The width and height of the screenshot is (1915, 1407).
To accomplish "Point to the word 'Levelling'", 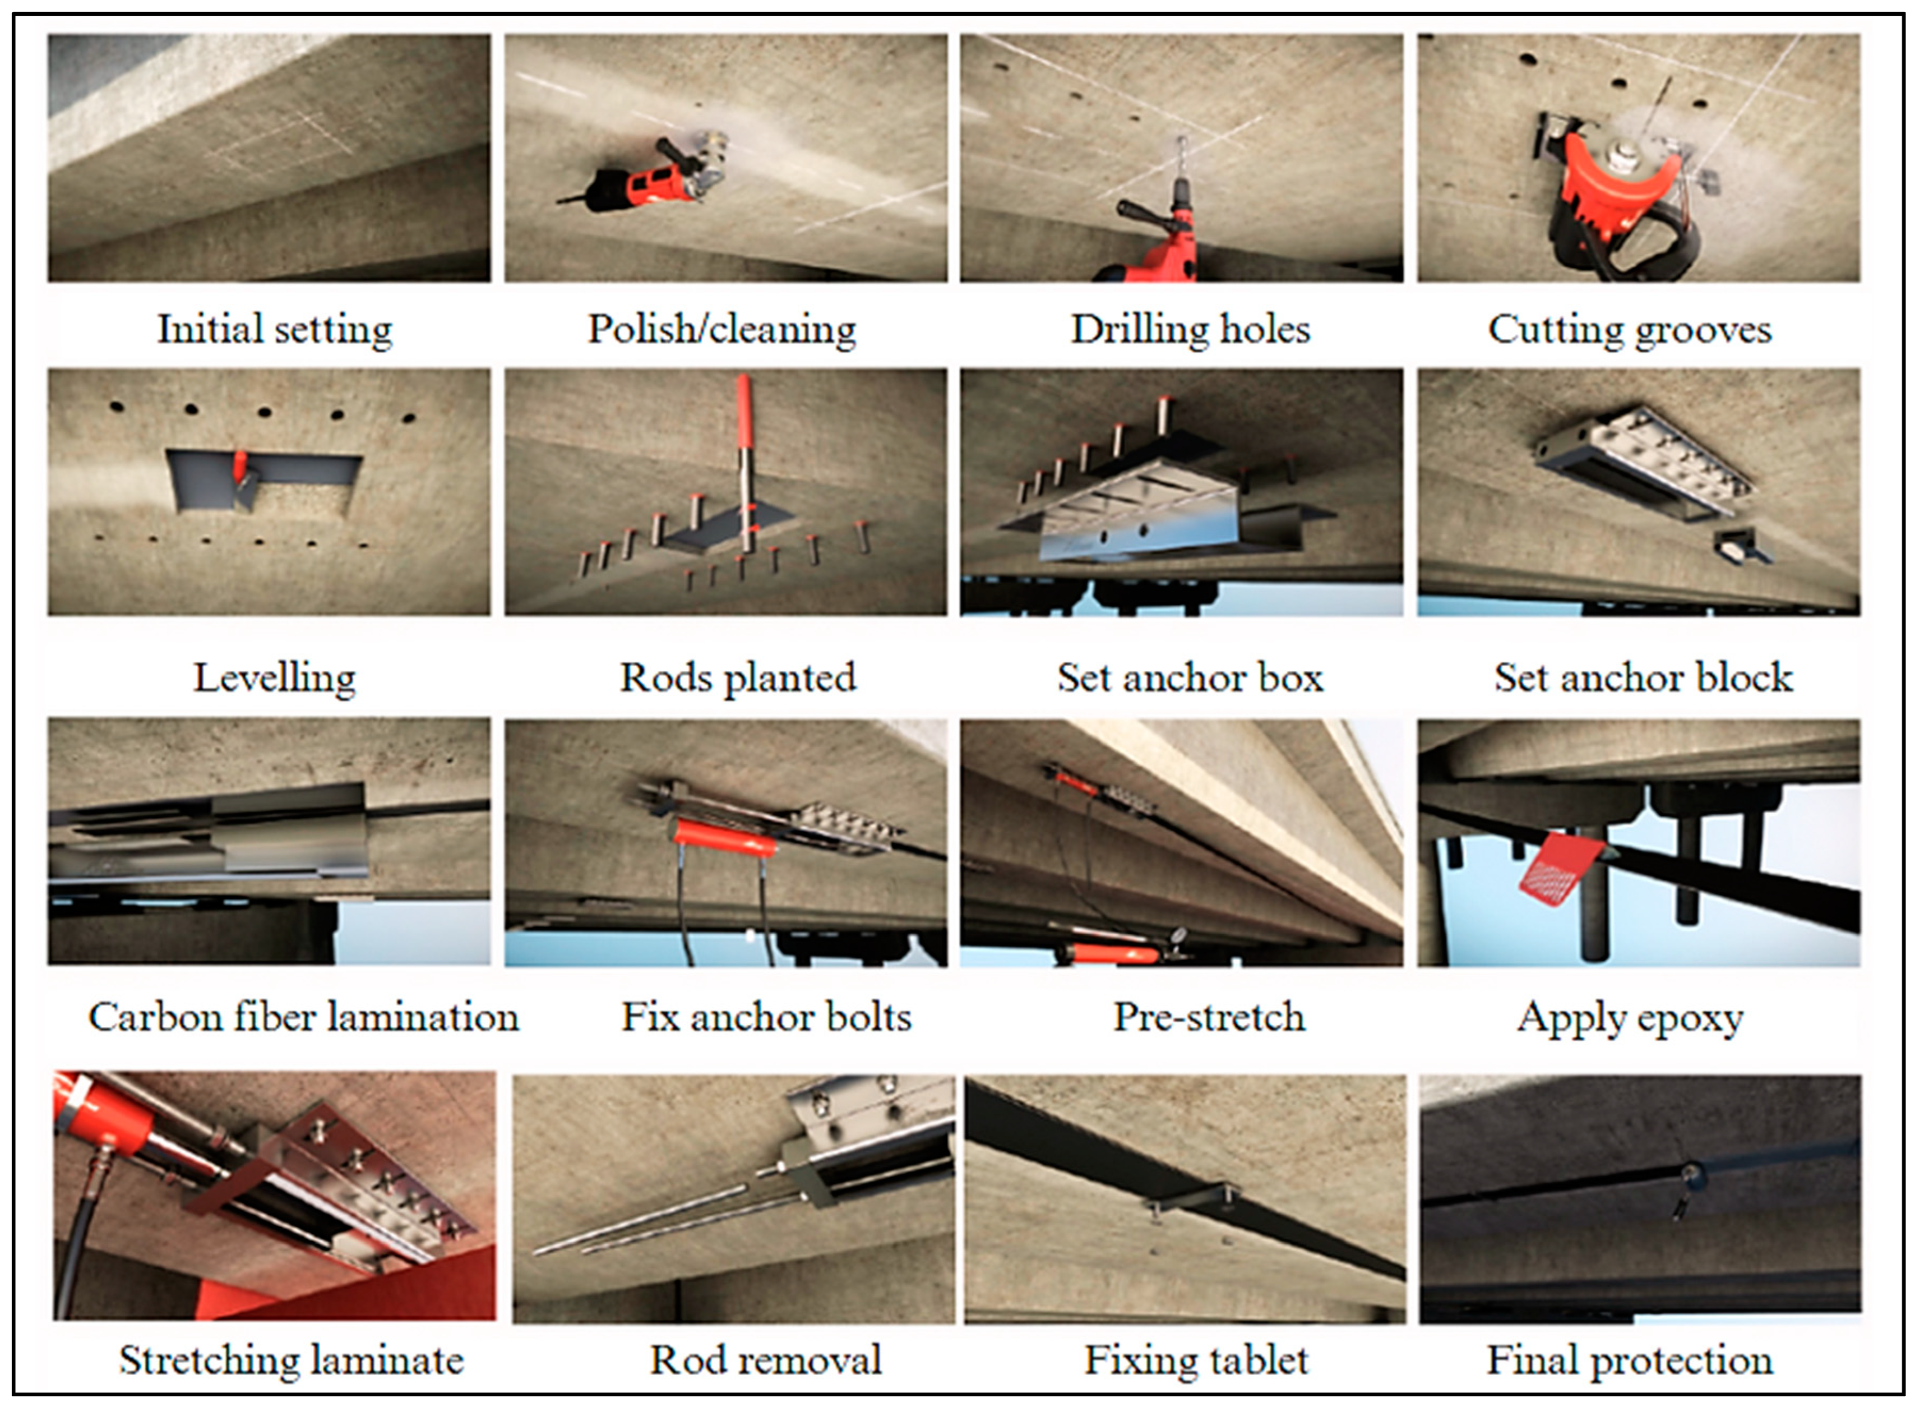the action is coord(274,679).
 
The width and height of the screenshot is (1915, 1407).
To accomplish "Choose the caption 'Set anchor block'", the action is coord(1643,678).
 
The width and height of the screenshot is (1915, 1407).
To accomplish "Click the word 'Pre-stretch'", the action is coord(1209,1016).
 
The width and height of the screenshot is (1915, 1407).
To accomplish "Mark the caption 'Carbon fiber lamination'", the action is coord(304,1016).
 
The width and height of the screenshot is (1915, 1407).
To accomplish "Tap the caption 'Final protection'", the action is coord(1630,1360).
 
